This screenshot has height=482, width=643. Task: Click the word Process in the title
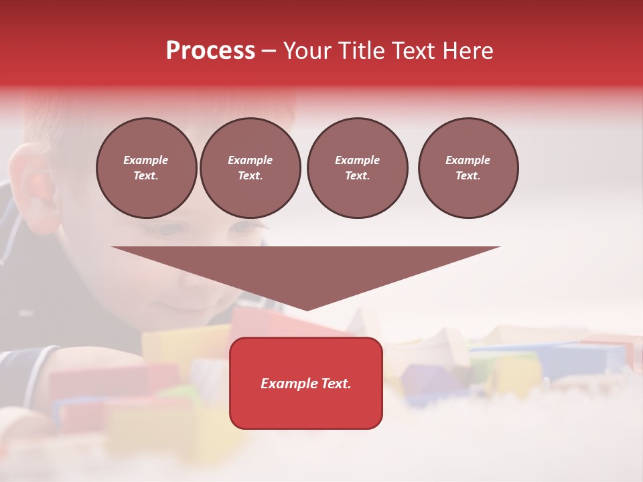[210, 51]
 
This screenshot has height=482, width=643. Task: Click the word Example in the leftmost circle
[146, 160]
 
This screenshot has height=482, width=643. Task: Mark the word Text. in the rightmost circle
[468, 176]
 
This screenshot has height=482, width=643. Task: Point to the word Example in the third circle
[357, 160]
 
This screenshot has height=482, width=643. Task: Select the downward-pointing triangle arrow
[306, 268]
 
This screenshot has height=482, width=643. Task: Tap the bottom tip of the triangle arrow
[307, 309]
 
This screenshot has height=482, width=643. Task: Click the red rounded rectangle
[306, 408]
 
